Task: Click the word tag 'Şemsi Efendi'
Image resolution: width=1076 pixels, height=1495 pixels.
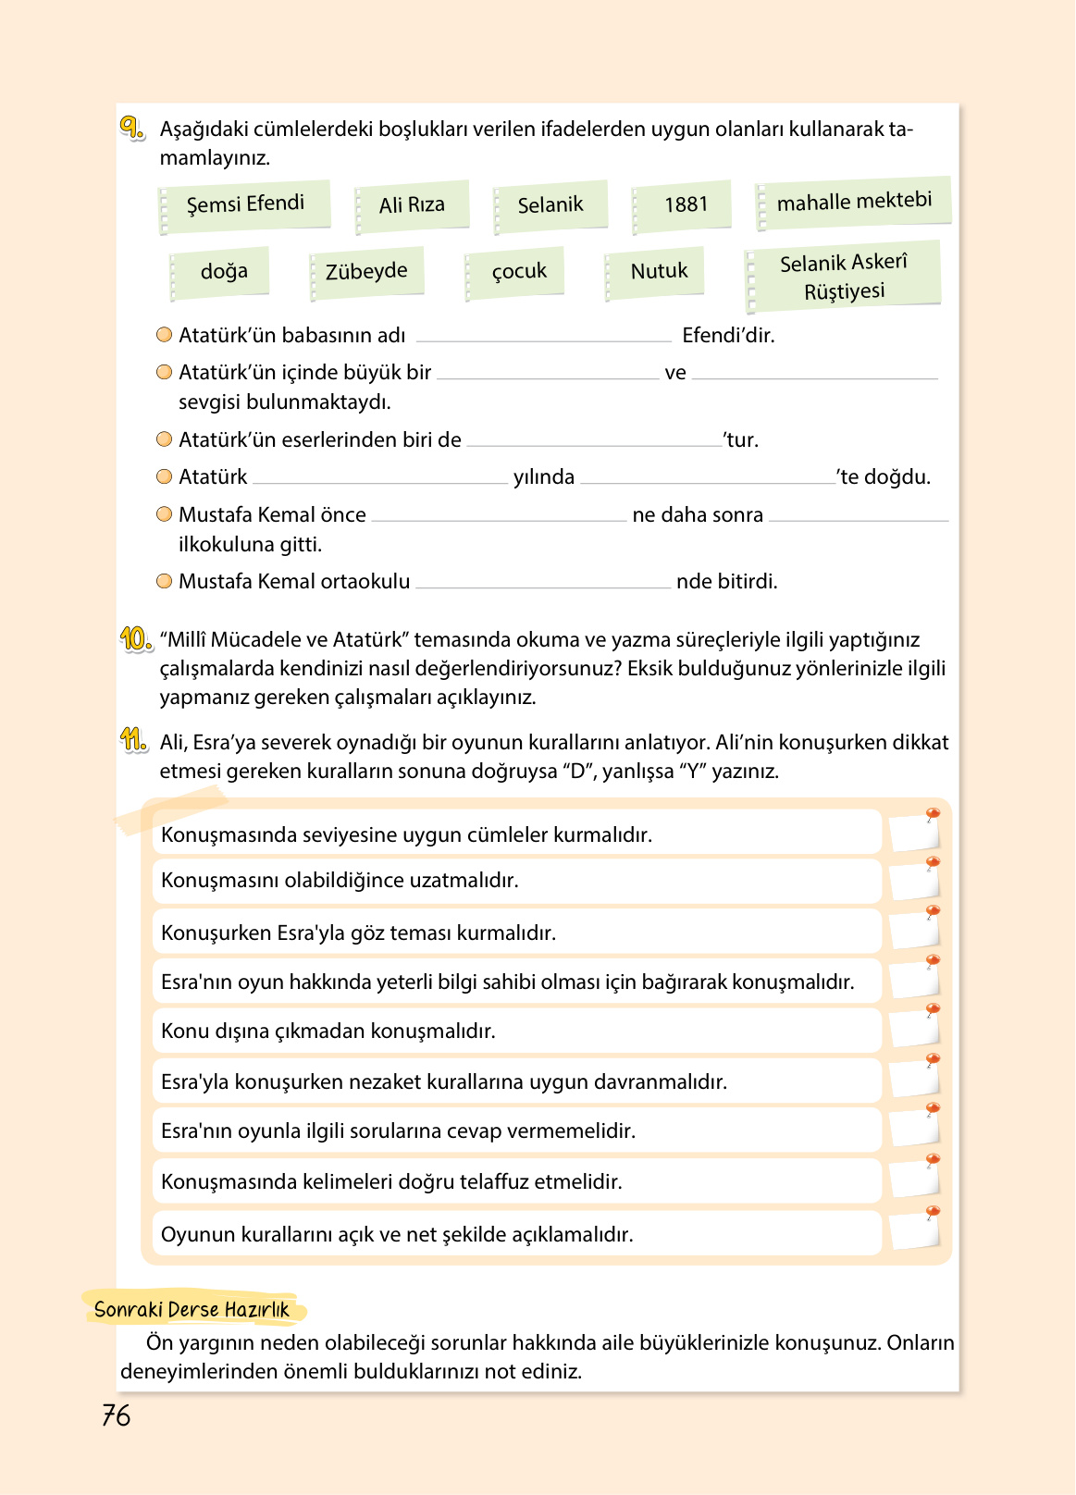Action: (x=245, y=204)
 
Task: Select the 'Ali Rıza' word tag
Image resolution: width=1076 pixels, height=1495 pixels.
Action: (x=413, y=205)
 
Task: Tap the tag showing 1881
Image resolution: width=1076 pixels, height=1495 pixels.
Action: (x=685, y=205)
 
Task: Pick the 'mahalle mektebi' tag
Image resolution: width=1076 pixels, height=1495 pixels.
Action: (x=854, y=202)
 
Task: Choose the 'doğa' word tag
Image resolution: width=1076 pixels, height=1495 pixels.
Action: (x=223, y=272)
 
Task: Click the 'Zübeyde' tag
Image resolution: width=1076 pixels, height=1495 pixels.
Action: (x=366, y=272)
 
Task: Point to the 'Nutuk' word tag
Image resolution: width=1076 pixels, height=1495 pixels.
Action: (x=658, y=272)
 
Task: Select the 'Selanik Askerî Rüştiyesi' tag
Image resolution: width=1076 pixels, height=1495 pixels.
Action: (x=844, y=277)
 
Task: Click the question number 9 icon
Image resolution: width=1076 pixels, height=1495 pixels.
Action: (x=131, y=128)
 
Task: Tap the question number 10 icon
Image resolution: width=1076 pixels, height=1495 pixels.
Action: (x=135, y=638)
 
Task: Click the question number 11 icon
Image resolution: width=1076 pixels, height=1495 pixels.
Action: (x=133, y=740)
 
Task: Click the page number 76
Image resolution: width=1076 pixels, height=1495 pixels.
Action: (x=117, y=1415)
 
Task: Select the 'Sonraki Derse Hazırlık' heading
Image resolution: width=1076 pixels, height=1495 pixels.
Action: (x=192, y=1309)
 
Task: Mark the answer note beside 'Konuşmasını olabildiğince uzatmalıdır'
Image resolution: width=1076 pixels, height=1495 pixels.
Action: (x=913, y=882)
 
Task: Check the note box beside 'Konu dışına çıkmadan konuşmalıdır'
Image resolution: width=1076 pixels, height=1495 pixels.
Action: (x=913, y=1030)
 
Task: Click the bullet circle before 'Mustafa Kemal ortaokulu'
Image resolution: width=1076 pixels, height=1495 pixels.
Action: (x=165, y=581)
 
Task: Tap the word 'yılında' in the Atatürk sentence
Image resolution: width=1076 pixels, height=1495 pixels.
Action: (x=544, y=477)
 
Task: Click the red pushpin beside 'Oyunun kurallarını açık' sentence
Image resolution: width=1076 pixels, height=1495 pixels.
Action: (x=933, y=1212)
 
